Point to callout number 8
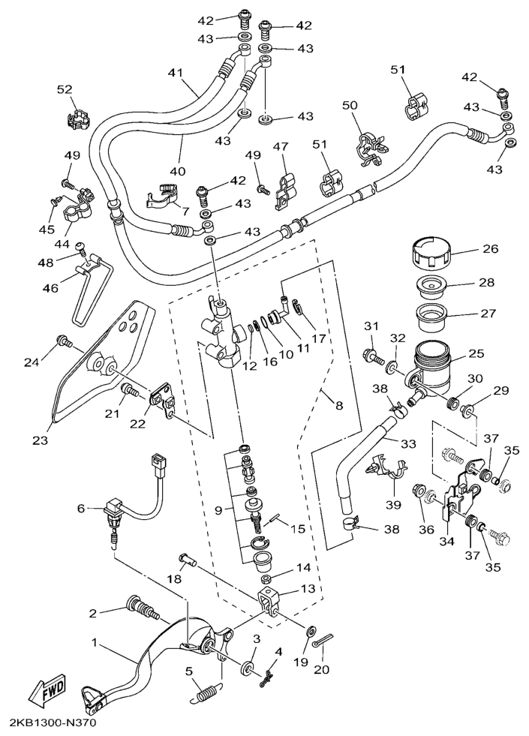click(339, 405)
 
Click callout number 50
click(350, 105)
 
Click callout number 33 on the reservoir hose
click(407, 443)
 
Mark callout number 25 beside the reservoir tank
click(476, 352)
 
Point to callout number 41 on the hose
click(176, 73)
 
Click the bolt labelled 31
click(373, 353)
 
